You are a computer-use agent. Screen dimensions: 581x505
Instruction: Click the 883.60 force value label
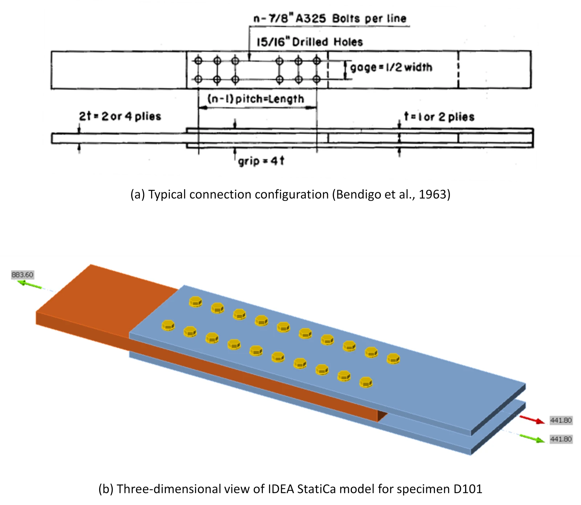click(x=22, y=275)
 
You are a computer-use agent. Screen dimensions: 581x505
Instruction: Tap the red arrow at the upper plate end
click(x=532, y=419)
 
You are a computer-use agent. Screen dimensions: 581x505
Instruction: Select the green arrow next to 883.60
click(x=31, y=284)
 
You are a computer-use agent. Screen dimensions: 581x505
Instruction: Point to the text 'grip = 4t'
click(x=261, y=161)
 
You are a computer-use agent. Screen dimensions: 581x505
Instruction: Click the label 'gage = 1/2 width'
click(x=391, y=67)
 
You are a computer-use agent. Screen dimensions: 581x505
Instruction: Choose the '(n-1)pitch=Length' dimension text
click(x=256, y=99)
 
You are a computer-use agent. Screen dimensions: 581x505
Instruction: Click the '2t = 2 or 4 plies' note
click(x=120, y=116)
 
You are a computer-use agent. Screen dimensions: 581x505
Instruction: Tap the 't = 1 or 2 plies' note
click(x=439, y=117)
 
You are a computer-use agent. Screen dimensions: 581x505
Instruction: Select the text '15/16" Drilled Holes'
click(x=310, y=42)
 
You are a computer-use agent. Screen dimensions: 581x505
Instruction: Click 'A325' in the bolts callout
click(x=310, y=19)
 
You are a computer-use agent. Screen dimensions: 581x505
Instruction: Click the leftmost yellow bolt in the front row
click(x=168, y=325)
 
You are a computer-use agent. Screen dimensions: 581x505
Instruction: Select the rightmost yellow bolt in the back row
click(x=393, y=359)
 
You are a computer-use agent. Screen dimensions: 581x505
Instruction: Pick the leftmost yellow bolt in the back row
click(x=196, y=301)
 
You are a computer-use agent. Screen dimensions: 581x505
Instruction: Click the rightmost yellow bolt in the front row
click(x=366, y=382)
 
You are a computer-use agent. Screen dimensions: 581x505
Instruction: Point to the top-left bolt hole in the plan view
click(x=198, y=61)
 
